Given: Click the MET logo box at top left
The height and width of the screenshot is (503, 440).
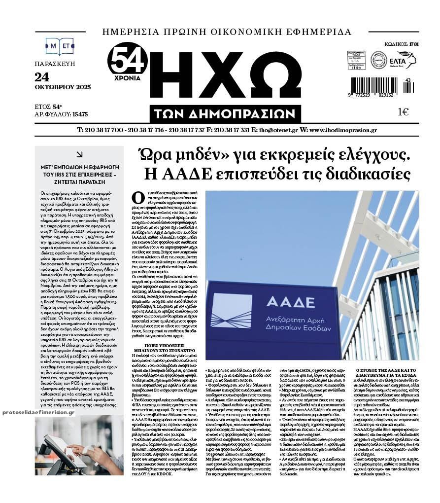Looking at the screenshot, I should (x=59, y=46).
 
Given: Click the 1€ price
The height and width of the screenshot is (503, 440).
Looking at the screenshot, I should (x=403, y=112).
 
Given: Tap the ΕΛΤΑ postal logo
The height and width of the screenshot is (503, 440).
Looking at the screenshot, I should (x=402, y=60).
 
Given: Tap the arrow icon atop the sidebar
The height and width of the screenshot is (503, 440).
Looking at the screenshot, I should (x=79, y=154).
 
